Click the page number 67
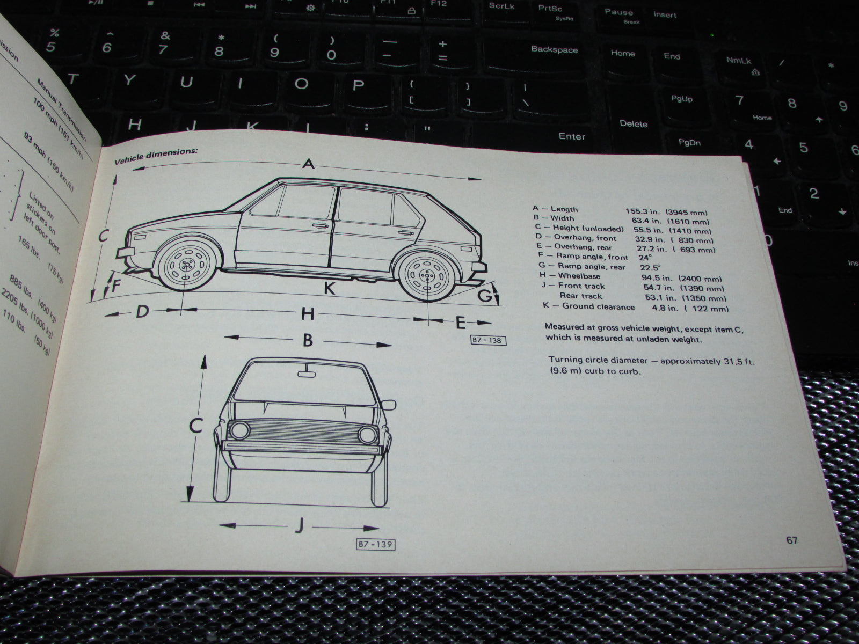coord(792,540)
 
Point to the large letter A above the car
coord(308,164)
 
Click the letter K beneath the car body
coord(329,289)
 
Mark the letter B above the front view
coord(307,340)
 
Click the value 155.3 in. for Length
coord(643,212)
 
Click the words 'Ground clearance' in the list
coord(598,307)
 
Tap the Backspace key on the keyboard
coord(554,50)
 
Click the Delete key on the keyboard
coord(634,124)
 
